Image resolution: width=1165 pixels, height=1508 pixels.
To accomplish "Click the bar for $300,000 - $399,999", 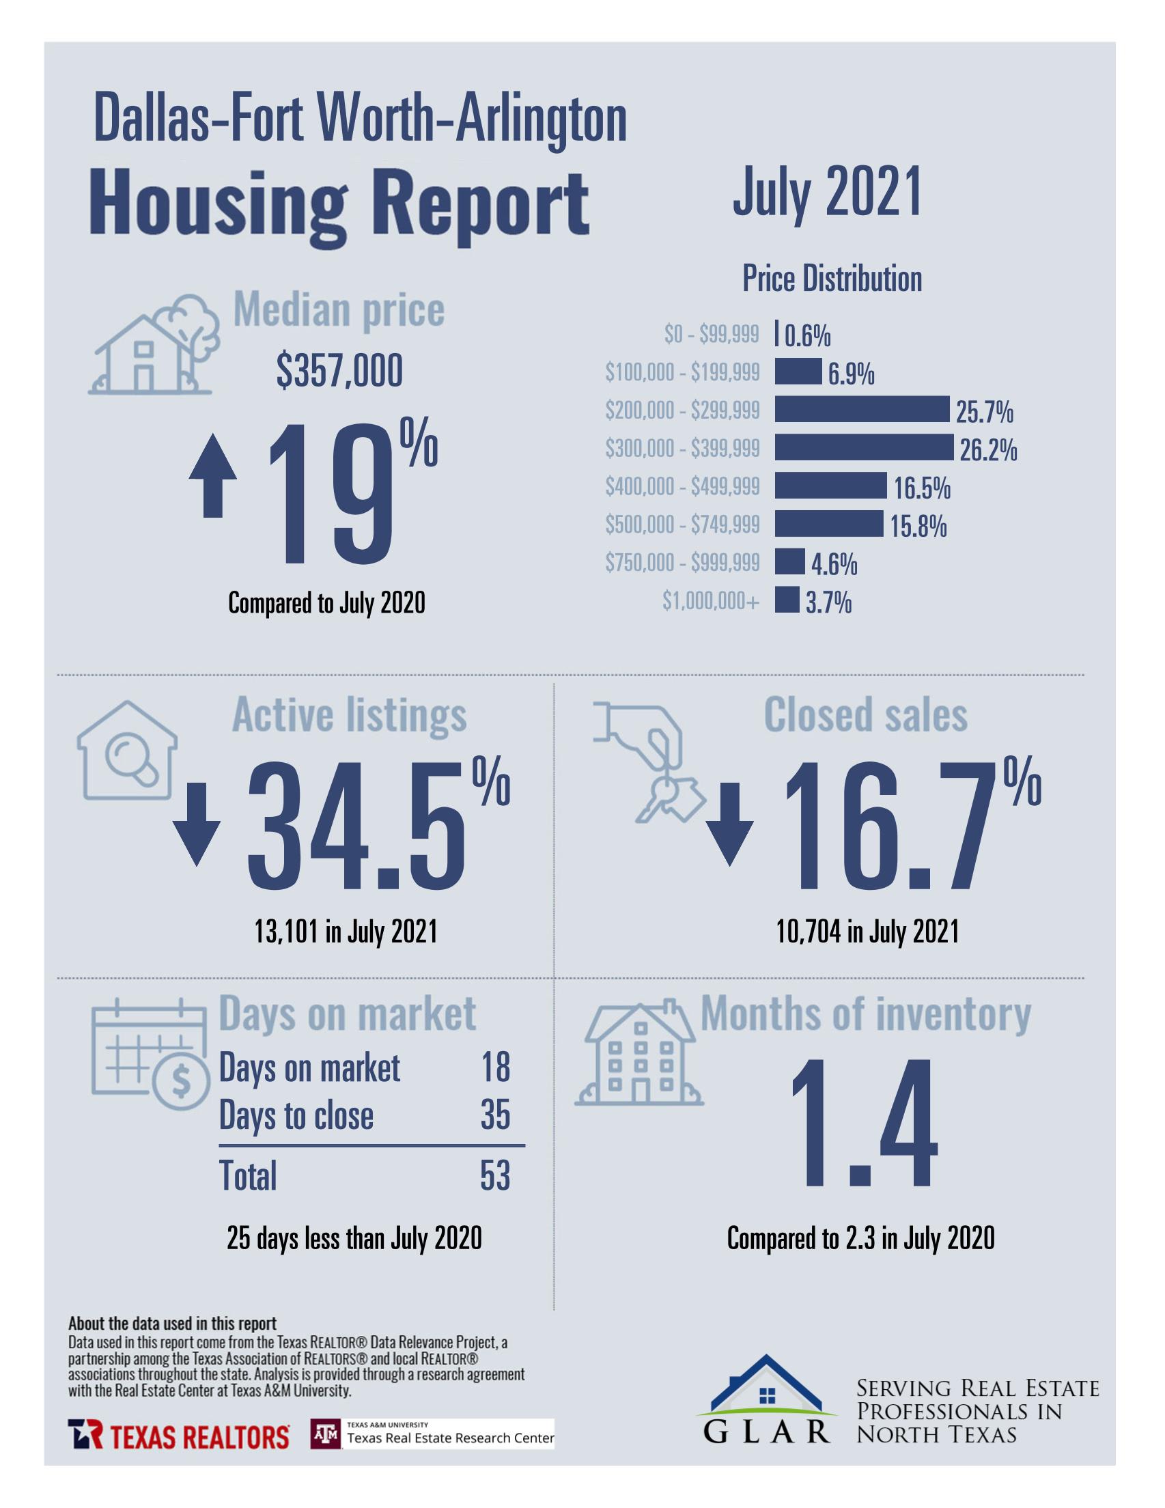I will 863,447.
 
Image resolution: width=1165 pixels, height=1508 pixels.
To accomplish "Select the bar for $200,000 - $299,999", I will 861,410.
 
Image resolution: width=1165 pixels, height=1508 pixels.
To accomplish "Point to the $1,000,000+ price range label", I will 710,601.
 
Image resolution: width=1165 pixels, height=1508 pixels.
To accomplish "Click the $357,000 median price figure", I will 339,372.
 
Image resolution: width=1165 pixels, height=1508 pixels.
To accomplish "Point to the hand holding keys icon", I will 649,759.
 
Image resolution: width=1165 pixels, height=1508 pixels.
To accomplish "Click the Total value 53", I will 494,1176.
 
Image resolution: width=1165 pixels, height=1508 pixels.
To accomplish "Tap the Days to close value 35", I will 494,1115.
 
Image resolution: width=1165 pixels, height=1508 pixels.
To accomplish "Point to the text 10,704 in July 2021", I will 867,933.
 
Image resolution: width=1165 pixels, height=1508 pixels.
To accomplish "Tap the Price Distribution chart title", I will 832,279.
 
